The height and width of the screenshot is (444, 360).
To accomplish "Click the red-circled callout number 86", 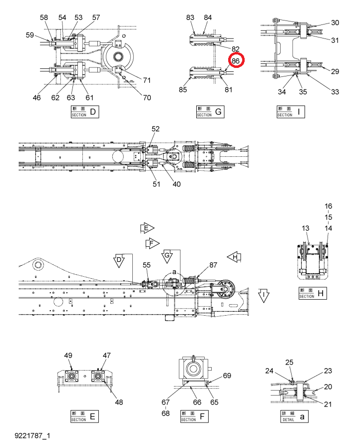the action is click(236, 60).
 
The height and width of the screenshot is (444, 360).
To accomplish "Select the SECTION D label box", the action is click(84, 112).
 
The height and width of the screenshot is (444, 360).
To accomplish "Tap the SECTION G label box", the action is click(210, 112).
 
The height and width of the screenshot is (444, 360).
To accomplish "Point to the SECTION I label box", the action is click(291, 112).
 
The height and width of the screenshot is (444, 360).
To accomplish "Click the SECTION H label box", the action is click(313, 293).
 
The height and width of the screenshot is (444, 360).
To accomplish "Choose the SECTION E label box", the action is click(84, 417).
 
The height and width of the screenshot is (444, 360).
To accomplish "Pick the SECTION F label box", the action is click(194, 417).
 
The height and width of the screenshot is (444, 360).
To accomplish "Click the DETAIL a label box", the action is click(294, 417).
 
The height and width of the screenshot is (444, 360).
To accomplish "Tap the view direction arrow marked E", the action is click(147, 228).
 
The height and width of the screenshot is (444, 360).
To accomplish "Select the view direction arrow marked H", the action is click(234, 257).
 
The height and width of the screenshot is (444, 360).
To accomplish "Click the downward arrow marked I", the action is click(264, 296).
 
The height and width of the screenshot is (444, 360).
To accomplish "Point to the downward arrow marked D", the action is click(119, 261).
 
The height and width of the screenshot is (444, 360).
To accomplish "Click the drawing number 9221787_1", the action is click(32, 436).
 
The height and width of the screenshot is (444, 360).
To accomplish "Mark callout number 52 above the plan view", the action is click(155, 129).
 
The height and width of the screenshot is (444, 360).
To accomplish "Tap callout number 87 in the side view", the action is click(213, 265).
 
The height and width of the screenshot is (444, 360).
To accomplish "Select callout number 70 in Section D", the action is click(147, 98).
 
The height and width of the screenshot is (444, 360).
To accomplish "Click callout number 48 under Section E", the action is click(119, 402).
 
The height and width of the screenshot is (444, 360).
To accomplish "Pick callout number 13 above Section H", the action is click(306, 228).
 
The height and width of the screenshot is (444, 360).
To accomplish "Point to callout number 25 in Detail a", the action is click(289, 362).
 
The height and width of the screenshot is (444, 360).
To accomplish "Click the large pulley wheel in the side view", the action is click(226, 289).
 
